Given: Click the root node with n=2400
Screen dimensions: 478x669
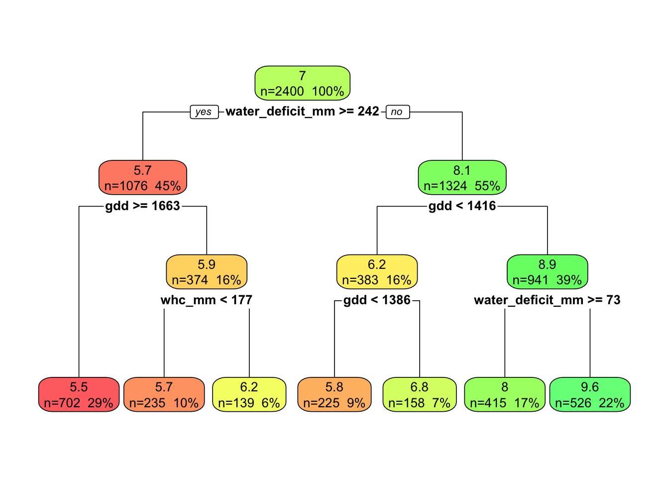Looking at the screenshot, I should [x=302, y=83].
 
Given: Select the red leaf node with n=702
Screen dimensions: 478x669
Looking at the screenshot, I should [x=79, y=395].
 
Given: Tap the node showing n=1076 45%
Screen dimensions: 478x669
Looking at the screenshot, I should [x=142, y=178].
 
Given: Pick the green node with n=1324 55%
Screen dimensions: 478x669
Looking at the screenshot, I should [x=462, y=178].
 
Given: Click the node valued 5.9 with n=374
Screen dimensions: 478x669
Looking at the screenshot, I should [x=207, y=272].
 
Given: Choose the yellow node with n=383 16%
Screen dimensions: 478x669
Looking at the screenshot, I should [x=377, y=272].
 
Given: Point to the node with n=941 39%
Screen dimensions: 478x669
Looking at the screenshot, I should [x=547, y=272].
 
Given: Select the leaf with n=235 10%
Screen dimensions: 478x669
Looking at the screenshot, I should [x=164, y=395].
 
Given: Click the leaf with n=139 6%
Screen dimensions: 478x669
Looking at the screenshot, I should [x=249, y=395].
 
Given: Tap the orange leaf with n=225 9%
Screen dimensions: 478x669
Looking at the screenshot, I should [x=334, y=395].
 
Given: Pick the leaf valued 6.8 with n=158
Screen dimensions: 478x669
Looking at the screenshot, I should [x=420, y=395].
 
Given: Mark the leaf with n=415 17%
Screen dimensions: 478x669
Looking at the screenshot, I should [x=505, y=395].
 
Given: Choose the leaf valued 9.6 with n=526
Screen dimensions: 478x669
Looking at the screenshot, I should [x=590, y=395].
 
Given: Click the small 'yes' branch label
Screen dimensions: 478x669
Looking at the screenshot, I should [x=204, y=112].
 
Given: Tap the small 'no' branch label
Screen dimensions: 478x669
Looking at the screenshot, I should [x=397, y=112].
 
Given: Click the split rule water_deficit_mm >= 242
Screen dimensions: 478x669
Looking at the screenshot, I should [x=302, y=112].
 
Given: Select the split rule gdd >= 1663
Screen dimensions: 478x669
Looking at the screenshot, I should [x=142, y=206].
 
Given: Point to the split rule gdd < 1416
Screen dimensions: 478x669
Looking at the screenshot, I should [x=462, y=206].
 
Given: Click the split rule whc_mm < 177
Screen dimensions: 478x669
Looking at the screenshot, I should [x=207, y=300].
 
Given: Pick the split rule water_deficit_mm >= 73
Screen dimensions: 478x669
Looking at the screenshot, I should [x=547, y=300].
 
